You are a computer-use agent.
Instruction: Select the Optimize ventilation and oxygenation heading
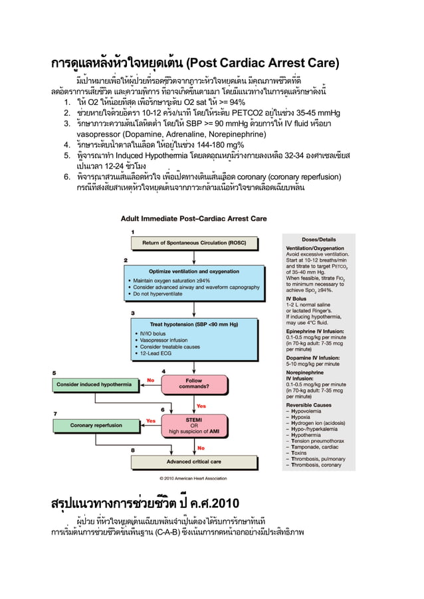pos(194,271)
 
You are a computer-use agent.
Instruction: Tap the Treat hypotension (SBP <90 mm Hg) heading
pos(194,323)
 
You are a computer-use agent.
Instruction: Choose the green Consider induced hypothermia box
pos(94,384)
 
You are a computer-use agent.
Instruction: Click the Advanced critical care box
pos(193,461)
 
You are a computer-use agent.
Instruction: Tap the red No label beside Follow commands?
pos(151,380)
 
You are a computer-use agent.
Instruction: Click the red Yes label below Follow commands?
pos(201,406)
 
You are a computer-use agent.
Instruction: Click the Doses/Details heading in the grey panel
pos(318,238)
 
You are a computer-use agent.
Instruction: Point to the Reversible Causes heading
pos(308,404)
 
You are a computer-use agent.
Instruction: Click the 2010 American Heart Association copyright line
pos(193,477)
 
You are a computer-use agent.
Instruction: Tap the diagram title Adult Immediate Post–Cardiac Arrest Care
pos(193,218)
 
